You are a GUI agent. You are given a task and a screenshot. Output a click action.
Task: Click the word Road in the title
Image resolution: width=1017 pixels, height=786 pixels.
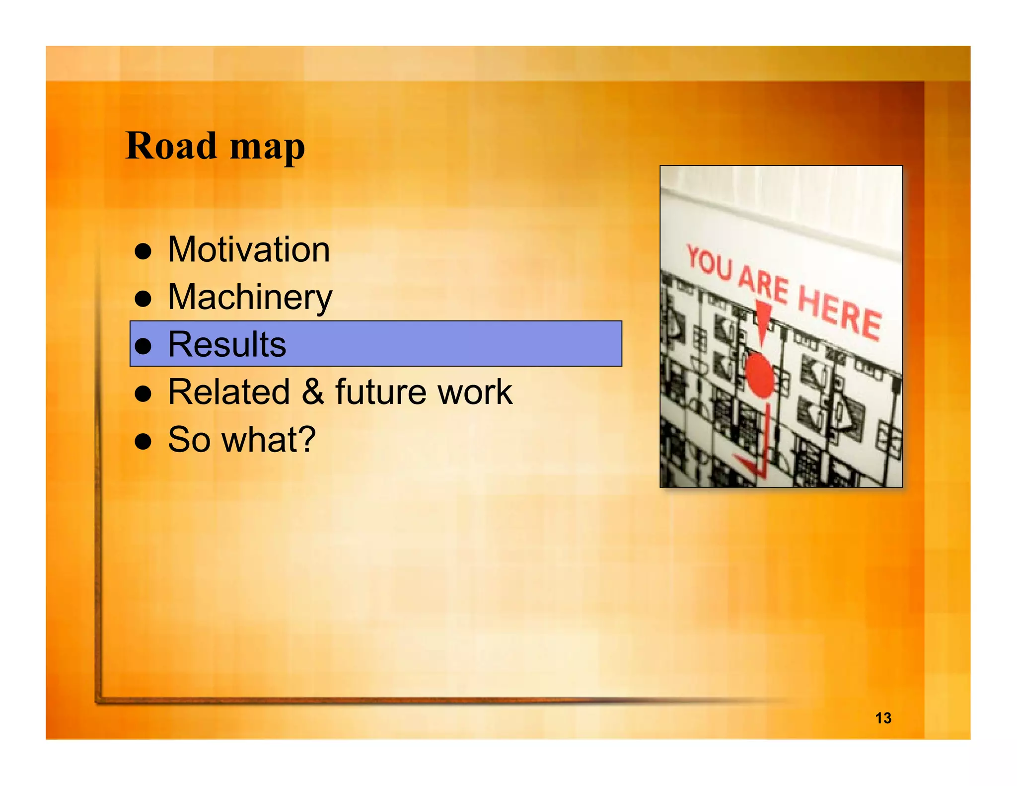[x=171, y=146]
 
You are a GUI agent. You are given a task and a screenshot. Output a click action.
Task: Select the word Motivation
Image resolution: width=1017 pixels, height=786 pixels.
[x=249, y=249]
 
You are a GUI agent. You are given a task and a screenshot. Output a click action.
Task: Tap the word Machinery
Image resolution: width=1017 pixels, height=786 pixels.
[x=250, y=297]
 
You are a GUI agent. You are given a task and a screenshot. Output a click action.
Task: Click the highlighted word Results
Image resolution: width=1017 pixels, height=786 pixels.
[x=227, y=344]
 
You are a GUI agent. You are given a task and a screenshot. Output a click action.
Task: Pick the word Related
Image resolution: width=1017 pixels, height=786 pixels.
[x=229, y=392]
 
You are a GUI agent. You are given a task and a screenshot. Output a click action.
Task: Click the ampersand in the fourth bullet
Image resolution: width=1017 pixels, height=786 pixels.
[x=312, y=392]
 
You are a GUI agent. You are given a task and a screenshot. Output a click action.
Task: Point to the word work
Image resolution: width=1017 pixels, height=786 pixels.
[x=475, y=392]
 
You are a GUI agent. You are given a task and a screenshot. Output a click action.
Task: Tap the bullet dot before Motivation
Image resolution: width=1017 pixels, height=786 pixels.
[x=143, y=251]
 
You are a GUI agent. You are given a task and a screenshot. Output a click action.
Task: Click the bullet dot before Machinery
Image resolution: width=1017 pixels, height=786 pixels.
[x=143, y=299]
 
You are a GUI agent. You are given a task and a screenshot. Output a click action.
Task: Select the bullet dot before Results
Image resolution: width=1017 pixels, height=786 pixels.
[x=143, y=346]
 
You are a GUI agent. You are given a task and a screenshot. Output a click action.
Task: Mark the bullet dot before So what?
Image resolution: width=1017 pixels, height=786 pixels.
[x=143, y=441]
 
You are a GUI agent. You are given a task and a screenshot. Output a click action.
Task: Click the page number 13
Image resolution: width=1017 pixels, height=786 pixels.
[x=883, y=718]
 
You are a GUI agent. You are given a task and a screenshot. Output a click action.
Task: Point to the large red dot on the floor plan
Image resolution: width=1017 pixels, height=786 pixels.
[x=759, y=375]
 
